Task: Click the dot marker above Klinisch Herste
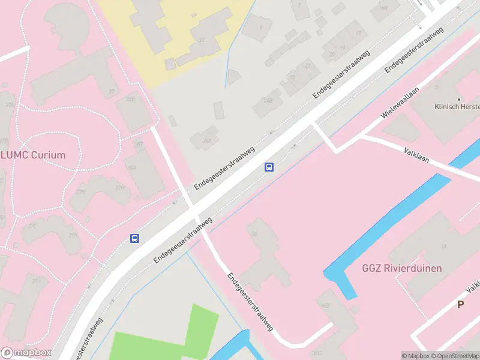459,99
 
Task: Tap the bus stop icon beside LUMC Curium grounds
135,238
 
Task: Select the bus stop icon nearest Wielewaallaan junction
269,167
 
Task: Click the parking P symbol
460,304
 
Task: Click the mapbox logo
26,353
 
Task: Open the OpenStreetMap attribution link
456,356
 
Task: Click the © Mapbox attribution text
416,356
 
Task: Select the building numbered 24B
264,106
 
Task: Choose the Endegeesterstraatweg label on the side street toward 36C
251,303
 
